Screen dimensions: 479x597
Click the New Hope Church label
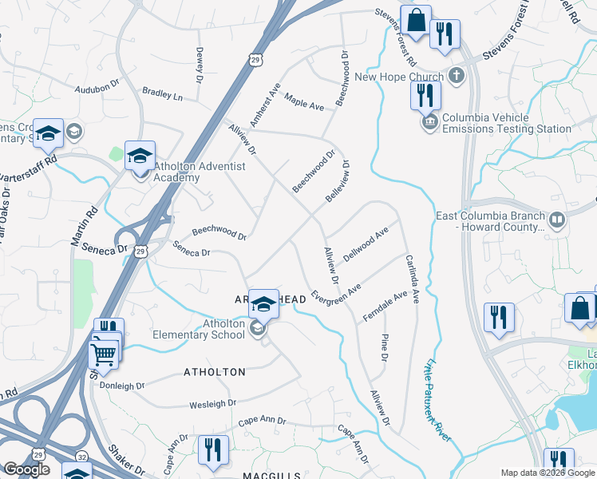398,77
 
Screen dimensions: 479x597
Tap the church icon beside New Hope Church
456,77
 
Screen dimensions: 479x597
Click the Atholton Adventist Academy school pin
140,156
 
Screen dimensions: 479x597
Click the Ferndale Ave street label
390,303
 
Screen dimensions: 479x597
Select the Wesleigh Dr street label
213,405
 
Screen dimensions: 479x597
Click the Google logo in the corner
26,469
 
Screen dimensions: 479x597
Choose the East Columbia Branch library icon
556,218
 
